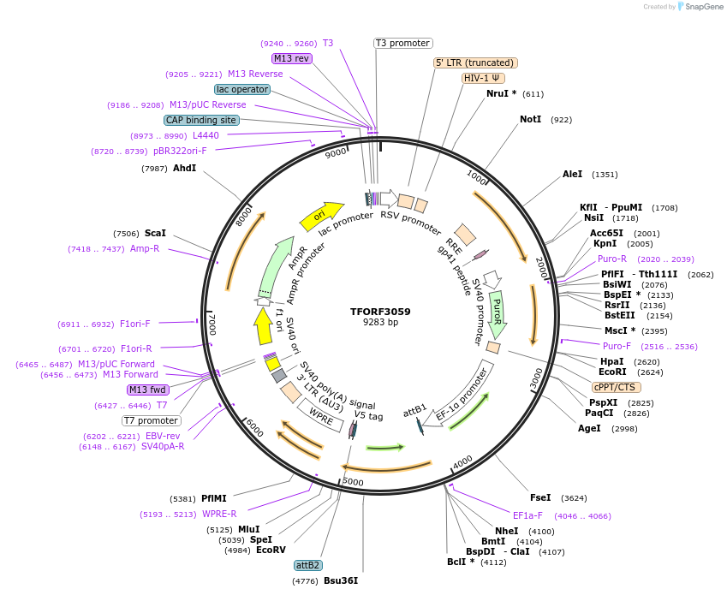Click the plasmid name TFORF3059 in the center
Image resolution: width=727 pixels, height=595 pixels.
tap(380, 312)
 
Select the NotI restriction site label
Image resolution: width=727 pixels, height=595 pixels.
tap(531, 119)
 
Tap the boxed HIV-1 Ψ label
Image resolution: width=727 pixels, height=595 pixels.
tap(483, 78)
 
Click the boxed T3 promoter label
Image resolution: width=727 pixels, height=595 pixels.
tap(403, 43)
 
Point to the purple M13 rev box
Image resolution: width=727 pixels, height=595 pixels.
tap(292, 58)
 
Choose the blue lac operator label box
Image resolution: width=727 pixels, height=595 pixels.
tap(242, 89)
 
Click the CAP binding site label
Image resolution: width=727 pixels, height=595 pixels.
tap(201, 121)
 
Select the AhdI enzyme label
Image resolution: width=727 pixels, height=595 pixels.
tap(185, 168)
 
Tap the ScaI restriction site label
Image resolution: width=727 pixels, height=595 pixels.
tap(155, 233)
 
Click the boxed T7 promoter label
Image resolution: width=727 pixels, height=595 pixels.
tap(152, 420)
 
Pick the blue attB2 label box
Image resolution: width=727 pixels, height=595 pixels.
tap(307, 565)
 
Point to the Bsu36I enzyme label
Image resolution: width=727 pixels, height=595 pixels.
tap(340, 580)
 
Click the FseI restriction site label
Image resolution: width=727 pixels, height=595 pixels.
tap(540, 497)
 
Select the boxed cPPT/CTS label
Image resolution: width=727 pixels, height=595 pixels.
tap(614, 387)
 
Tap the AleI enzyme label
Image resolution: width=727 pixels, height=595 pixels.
tap(572, 174)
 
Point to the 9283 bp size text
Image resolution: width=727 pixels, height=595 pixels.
tap(380, 323)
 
